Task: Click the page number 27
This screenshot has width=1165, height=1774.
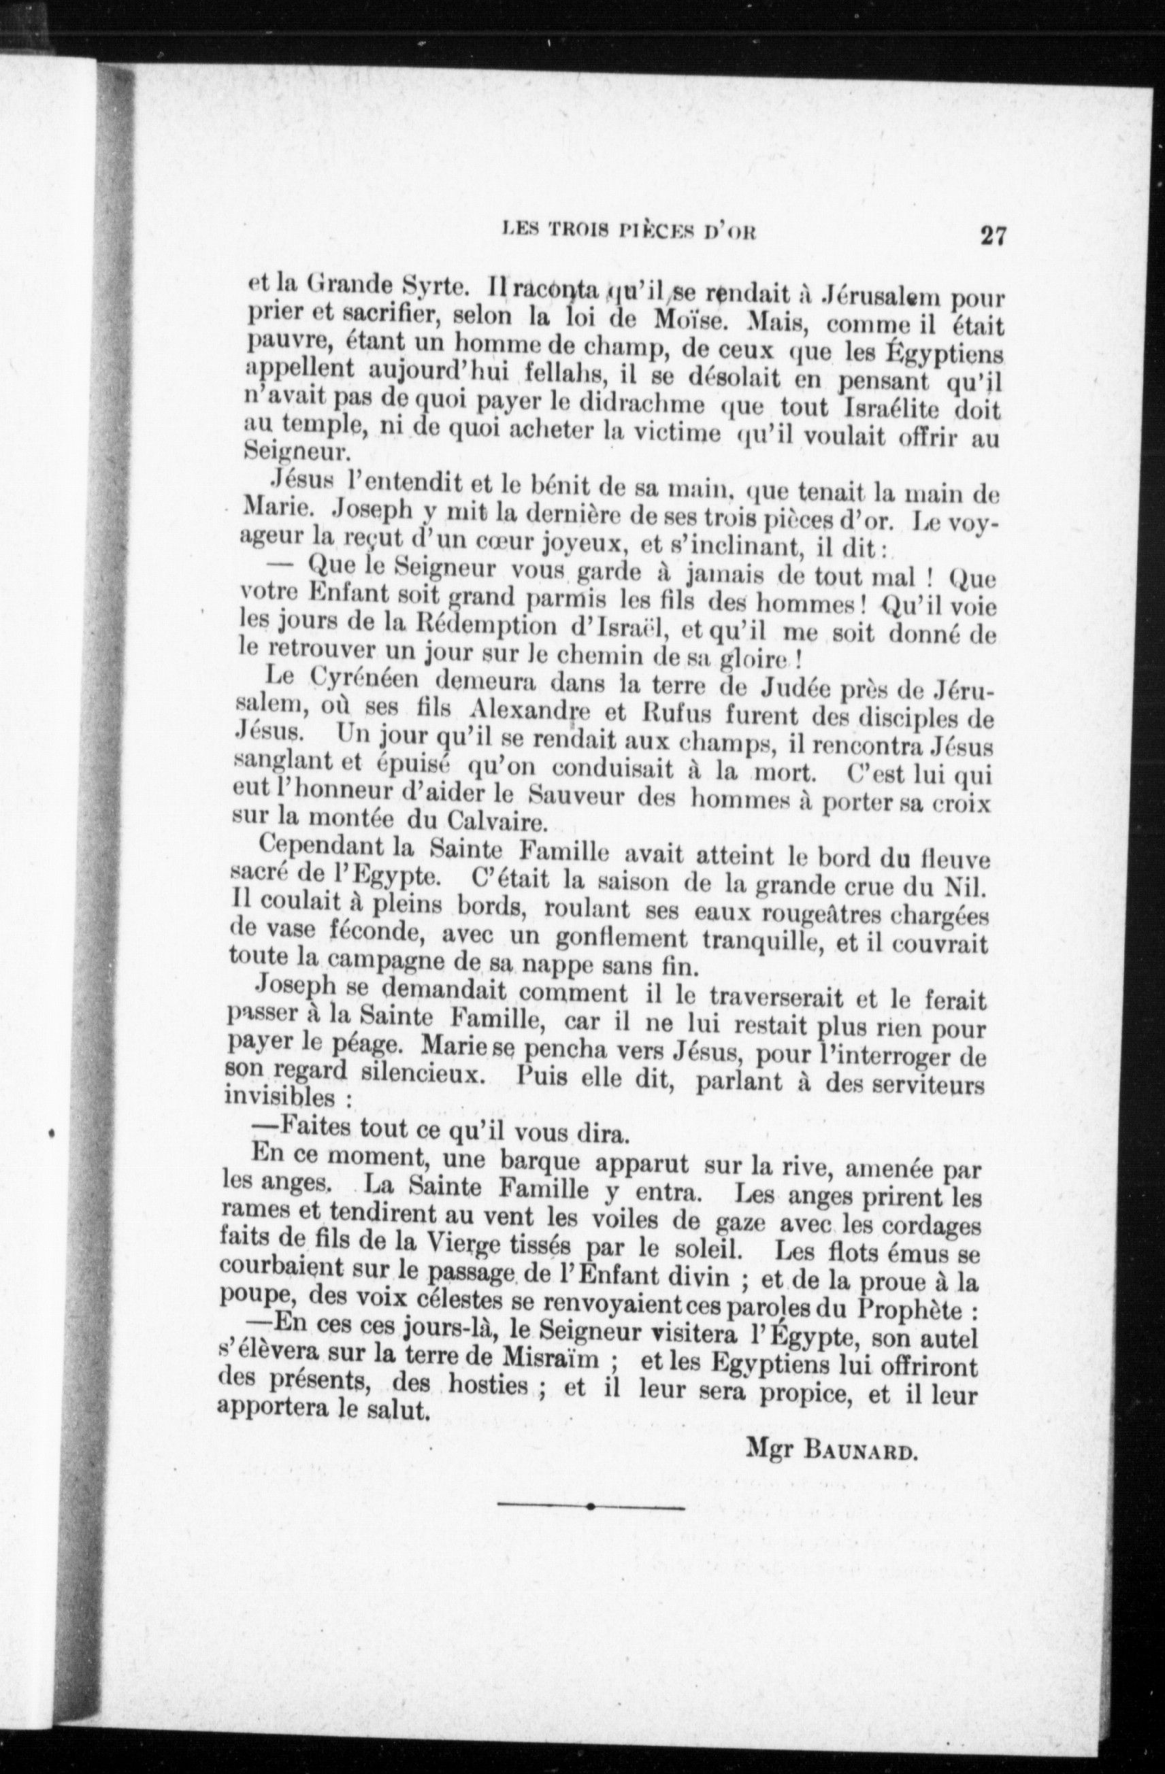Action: [993, 236]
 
